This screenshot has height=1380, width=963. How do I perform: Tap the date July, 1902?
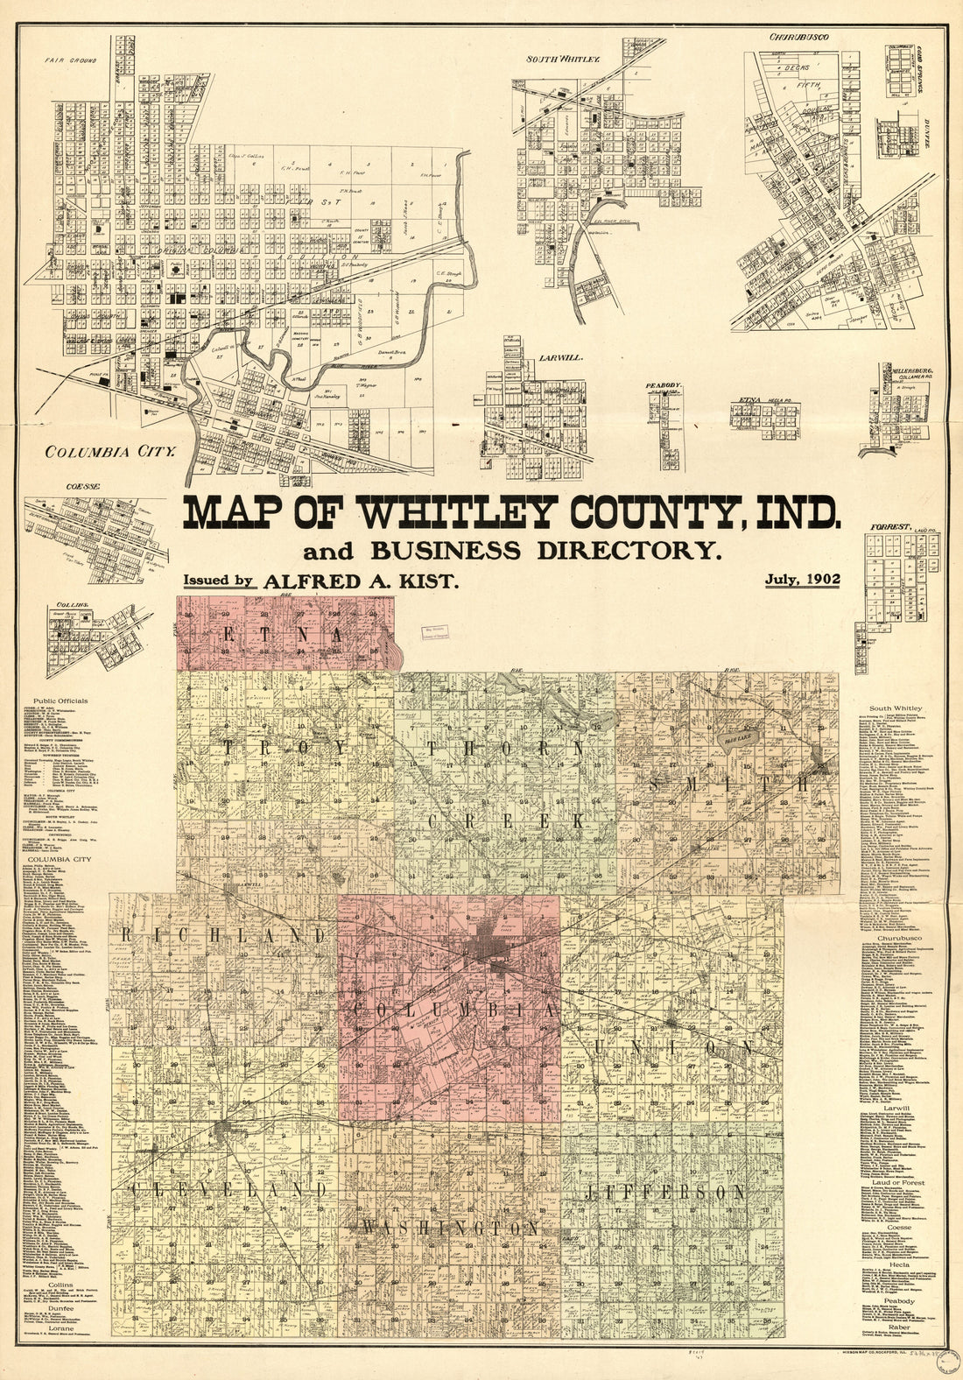click(802, 579)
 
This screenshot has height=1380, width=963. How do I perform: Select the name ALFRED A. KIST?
click(362, 581)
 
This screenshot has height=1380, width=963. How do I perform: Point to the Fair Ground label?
click(71, 61)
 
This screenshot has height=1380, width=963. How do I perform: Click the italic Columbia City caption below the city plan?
click(111, 453)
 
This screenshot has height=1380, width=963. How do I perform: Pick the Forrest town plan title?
click(885, 527)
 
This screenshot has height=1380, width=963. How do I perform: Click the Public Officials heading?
click(62, 702)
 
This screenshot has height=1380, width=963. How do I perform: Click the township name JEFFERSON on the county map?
click(666, 1193)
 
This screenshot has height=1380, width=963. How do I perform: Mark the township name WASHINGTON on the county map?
click(451, 1229)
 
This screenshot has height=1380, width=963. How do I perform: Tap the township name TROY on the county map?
click(285, 747)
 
